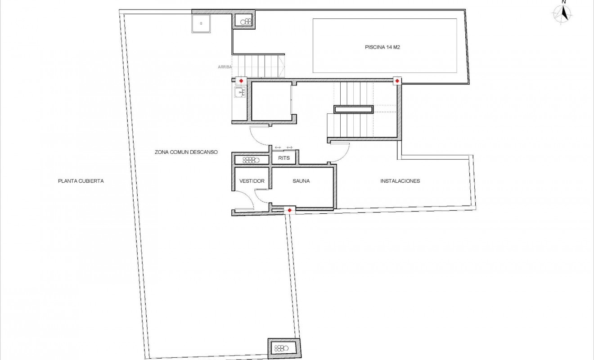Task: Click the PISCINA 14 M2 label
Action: point(382,46)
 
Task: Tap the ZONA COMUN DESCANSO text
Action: point(186,152)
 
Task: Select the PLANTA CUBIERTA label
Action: point(81,181)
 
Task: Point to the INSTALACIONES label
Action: point(400,181)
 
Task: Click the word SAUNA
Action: point(301,181)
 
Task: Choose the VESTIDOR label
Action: point(252,181)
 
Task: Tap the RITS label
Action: point(283,158)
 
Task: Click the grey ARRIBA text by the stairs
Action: point(225,67)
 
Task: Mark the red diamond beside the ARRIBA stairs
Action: point(241,81)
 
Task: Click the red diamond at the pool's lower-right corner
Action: point(397,81)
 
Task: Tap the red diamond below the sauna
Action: point(289,210)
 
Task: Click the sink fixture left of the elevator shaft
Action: point(239,93)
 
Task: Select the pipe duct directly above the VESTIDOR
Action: point(251,159)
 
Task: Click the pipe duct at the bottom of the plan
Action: point(282,348)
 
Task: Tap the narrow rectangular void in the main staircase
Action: point(353,109)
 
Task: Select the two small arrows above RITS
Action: point(283,148)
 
